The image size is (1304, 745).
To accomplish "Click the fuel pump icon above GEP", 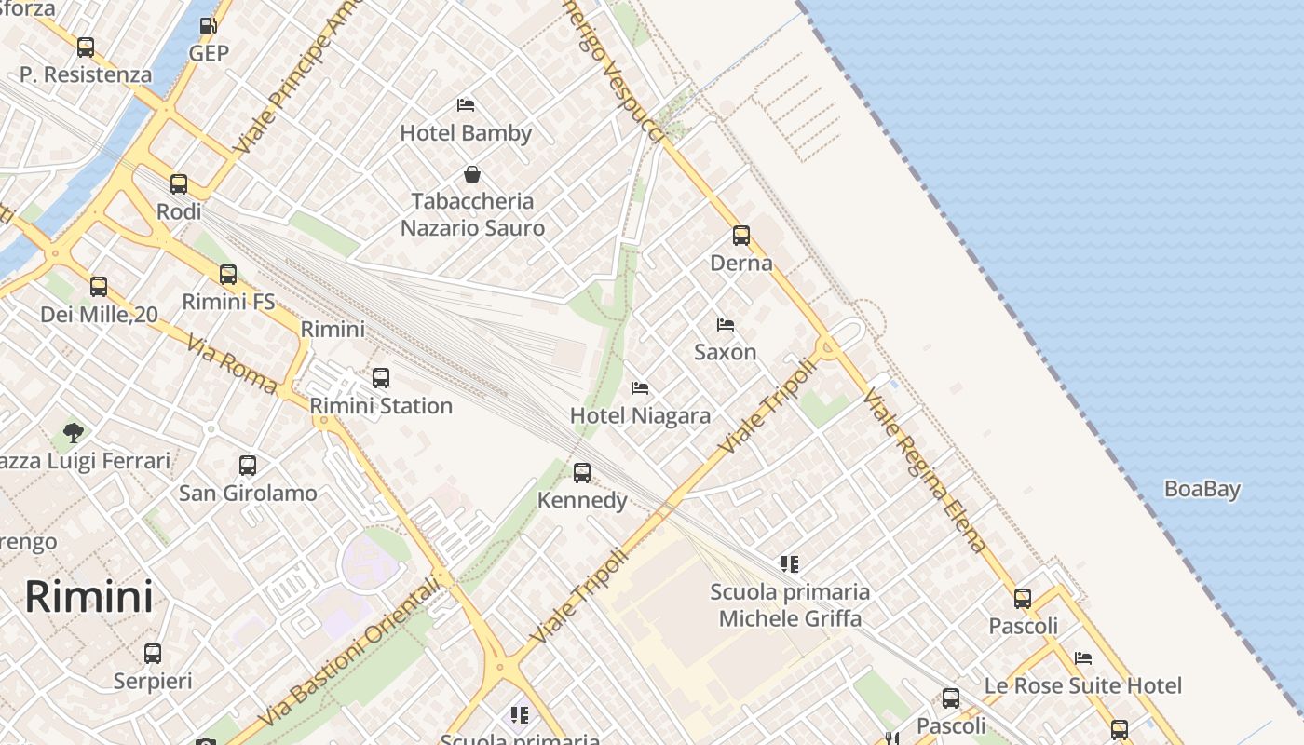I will (209, 26).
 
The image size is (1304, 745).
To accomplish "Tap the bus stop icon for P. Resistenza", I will (86, 47).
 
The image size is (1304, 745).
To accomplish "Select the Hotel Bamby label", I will (466, 133).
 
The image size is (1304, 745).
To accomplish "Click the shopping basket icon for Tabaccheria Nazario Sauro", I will (472, 174).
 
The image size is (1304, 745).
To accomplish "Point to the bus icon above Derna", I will (741, 236).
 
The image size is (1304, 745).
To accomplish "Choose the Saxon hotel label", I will (725, 352).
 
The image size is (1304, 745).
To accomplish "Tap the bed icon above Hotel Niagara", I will (640, 388).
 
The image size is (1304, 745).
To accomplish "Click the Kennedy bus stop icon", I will (582, 473).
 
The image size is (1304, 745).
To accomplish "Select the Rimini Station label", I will (381, 406).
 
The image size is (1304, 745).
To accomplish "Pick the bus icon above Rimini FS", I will (228, 275).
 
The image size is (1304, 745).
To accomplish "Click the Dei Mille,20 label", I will (99, 315).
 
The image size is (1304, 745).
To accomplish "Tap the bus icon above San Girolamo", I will (248, 466).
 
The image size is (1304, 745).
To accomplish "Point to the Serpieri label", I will (153, 681).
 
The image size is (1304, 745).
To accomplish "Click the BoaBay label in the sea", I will (1202, 489).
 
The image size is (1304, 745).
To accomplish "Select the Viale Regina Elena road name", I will (924, 471).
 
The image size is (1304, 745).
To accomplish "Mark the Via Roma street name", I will (232, 364).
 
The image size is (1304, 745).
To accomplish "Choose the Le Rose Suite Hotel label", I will (1082, 686).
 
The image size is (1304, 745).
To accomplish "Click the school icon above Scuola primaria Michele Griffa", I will (790, 563).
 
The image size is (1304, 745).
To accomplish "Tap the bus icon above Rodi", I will (179, 184).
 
